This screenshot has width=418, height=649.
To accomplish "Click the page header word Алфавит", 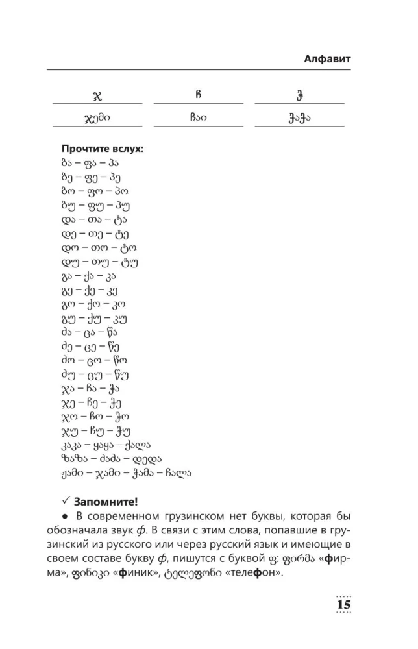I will pyautogui.click(x=327, y=59).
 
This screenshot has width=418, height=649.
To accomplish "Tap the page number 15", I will pyautogui.click(x=343, y=604).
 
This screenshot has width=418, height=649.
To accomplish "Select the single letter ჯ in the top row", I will pyautogui.click(x=97, y=96).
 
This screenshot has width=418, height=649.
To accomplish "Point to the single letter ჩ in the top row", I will pyautogui.click(x=199, y=95).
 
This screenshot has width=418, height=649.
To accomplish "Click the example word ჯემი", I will pyautogui.click(x=97, y=119).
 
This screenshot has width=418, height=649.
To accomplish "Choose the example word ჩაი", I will pyautogui.click(x=199, y=118).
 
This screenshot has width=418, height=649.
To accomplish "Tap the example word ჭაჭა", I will pyautogui.click(x=299, y=119).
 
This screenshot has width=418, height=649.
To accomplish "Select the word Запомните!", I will pyautogui.click(x=105, y=501).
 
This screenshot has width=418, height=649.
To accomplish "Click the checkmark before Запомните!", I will pyautogui.click(x=66, y=501).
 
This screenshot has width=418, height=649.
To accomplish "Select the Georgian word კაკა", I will pyautogui.click(x=70, y=445).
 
